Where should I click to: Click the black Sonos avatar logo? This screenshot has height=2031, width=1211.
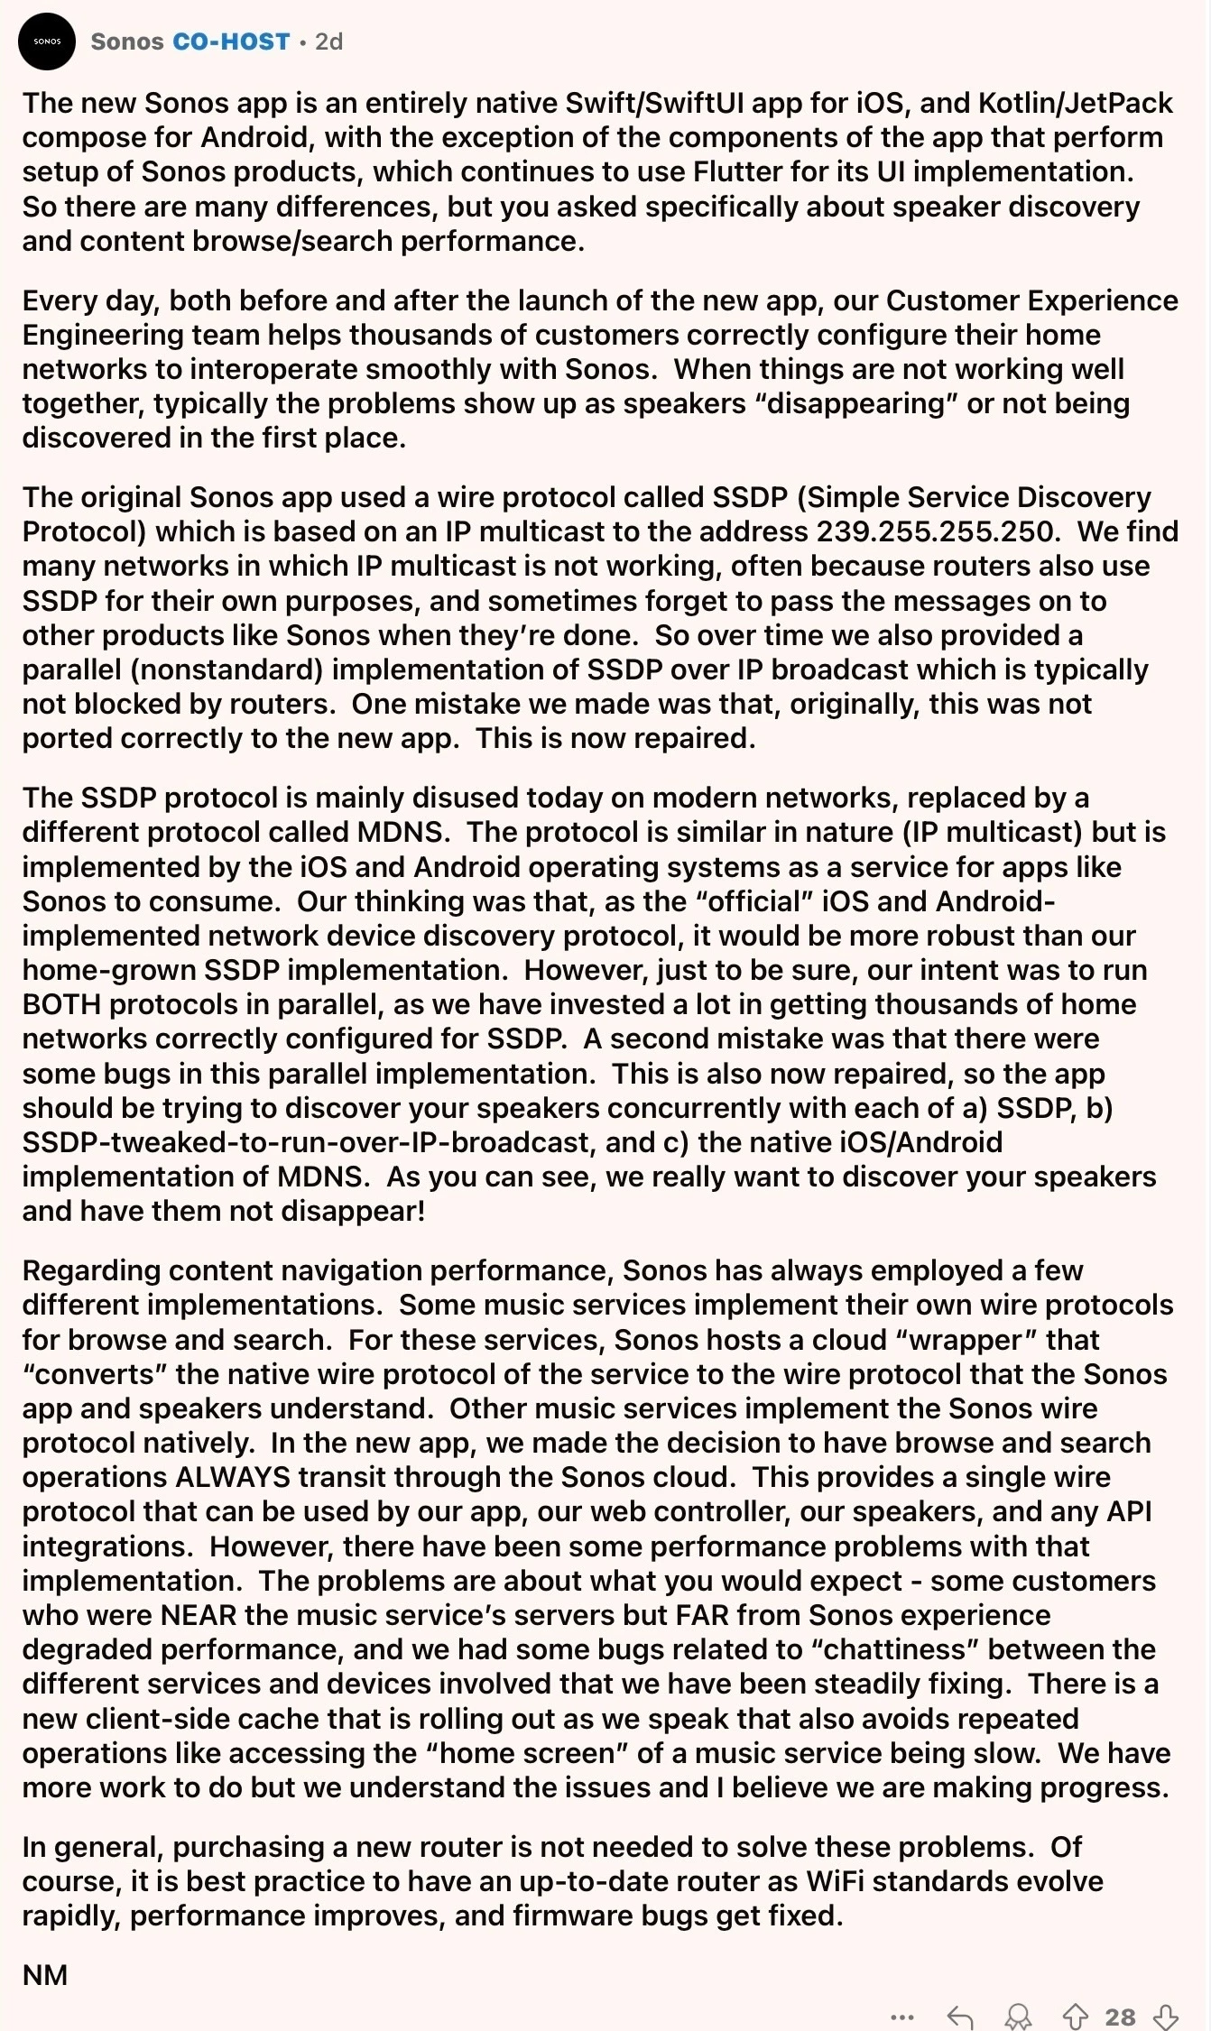[47, 42]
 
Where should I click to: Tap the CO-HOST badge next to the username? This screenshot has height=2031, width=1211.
[232, 42]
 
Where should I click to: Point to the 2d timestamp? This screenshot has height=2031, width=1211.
[329, 42]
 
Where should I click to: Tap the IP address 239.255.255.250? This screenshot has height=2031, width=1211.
[935, 531]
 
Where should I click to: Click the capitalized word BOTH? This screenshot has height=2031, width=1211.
[61, 1004]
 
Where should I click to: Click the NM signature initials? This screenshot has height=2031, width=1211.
[45, 1975]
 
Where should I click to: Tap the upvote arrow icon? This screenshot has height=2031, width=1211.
[1075, 2017]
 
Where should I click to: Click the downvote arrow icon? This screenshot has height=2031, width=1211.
[1166, 2017]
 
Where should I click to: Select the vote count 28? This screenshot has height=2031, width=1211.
[1120, 2017]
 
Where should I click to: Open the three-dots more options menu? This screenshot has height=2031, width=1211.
[901, 2017]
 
